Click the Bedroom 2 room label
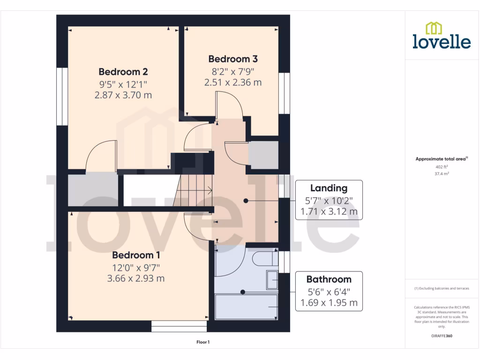point(123,72)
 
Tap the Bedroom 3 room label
point(233,59)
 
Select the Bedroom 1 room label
point(136,255)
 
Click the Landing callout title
point(329,188)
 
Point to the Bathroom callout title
point(329,279)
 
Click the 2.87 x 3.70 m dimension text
point(123,95)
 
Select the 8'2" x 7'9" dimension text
point(233,72)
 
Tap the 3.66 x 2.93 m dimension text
point(136,278)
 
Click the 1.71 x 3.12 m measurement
point(329,212)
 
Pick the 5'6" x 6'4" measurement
point(329,291)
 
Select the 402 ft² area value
point(442,166)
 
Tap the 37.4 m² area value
point(442,173)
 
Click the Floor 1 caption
point(203,342)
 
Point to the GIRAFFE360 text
point(442,336)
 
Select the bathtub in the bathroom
point(247,307)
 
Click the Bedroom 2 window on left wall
point(62,97)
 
